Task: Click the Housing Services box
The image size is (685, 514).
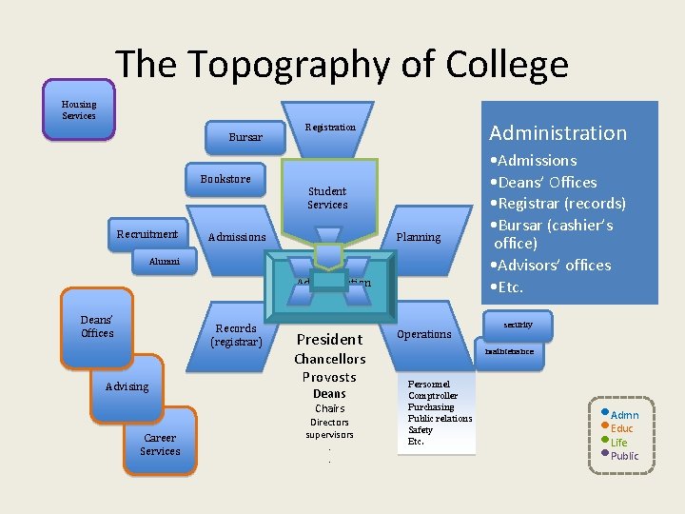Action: tap(79, 110)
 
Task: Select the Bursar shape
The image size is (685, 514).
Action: tap(245, 137)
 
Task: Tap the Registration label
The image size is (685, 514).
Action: tap(330, 127)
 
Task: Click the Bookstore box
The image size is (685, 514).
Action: tap(225, 179)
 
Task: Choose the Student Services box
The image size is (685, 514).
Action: tap(327, 197)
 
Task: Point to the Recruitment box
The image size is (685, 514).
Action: tap(147, 234)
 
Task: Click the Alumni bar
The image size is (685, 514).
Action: tap(149, 260)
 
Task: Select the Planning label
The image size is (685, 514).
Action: tap(418, 237)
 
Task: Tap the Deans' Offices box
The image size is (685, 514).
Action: tap(97, 326)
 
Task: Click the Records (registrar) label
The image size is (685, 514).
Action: tap(236, 335)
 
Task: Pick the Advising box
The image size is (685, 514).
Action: tap(127, 386)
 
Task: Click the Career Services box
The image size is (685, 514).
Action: tap(160, 445)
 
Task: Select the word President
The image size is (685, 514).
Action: tap(329, 339)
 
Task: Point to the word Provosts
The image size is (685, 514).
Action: tap(329, 377)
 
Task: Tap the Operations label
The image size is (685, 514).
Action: tap(423, 334)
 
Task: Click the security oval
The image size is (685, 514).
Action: tap(519, 326)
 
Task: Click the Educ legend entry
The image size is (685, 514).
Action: tap(621, 428)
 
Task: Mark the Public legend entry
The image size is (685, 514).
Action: tap(624, 455)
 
